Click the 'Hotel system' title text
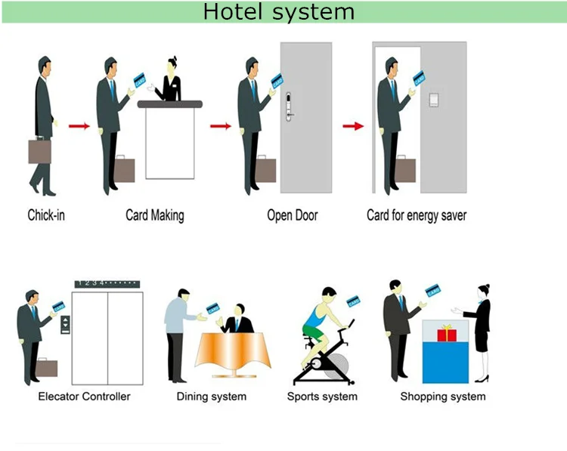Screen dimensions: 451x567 (x=278, y=12)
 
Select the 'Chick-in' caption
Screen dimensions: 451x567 (x=46, y=215)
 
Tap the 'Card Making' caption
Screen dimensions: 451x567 (x=154, y=215)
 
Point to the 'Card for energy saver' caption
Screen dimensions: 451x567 (x=417, y=215)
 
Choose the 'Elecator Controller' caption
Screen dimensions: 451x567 (x=84, y=396)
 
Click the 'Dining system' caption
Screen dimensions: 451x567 (x=211, y=396)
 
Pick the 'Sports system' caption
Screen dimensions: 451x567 (x=322, y=396)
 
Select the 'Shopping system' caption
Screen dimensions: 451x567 (x=443, y=396)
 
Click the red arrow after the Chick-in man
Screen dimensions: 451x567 (x=79, y=125)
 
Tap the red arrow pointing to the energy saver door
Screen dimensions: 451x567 (x=353, y=125)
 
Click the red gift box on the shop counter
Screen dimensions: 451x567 (x=447, y=333)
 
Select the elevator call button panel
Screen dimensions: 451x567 (x=67, y=325)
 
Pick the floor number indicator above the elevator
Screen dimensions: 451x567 (x=107, y=283)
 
